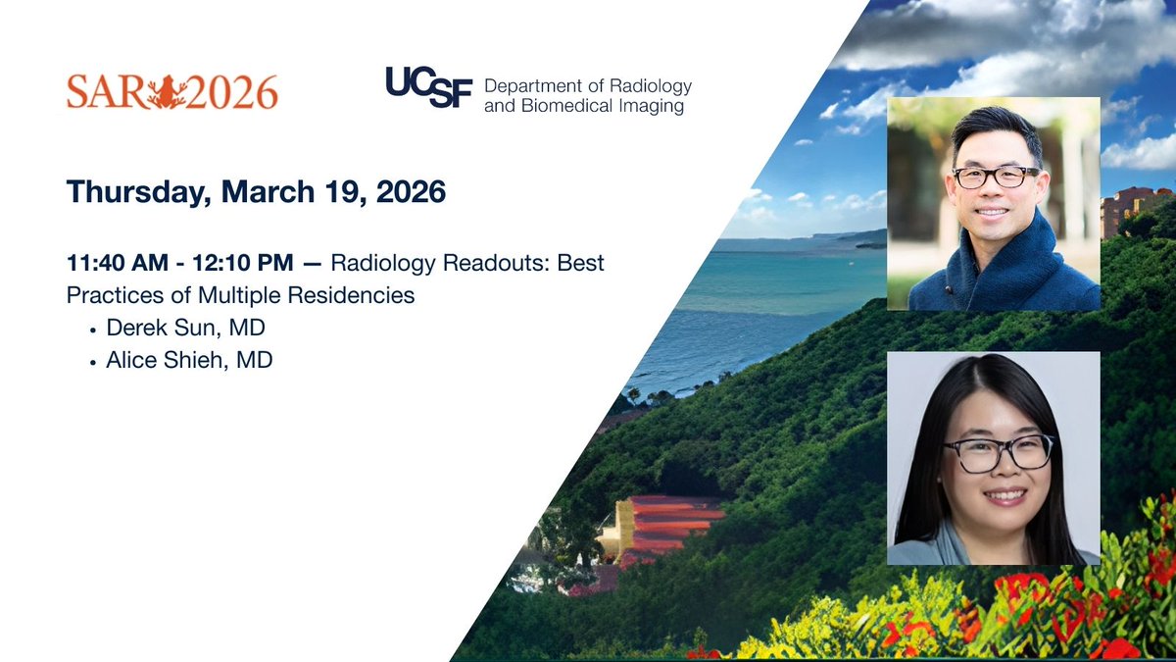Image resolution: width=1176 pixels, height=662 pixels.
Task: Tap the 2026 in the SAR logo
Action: point(236,93)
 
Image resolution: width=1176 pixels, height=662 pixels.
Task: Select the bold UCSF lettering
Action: point(428,88)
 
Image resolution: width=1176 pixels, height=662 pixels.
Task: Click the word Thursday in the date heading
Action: point(134,191)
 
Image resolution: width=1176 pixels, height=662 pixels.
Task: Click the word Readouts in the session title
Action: point(474,264)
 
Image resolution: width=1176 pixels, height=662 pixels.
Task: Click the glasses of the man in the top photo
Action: point(995,178)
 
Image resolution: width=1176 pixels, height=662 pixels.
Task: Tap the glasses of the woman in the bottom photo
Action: point(999,452)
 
